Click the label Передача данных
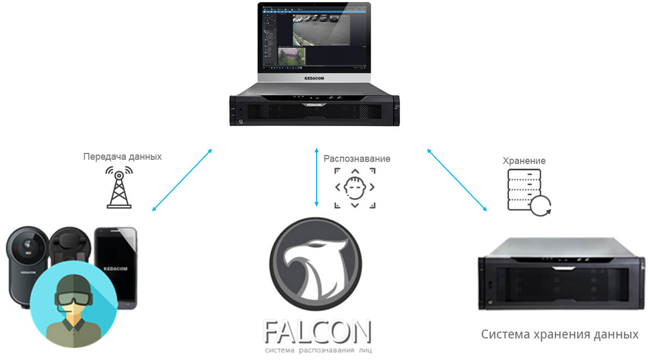[x=123, y=157]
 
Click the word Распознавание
[x=357, y=158]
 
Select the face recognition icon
[x=356, y=188]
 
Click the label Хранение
[x=524, y=161]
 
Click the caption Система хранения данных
[x=560, y=334]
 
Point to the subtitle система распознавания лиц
[x=318, y=350]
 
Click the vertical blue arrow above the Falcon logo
[x=316, y=177]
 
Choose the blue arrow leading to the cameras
[x=182, y=180]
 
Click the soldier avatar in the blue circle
[x=74, y=305]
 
